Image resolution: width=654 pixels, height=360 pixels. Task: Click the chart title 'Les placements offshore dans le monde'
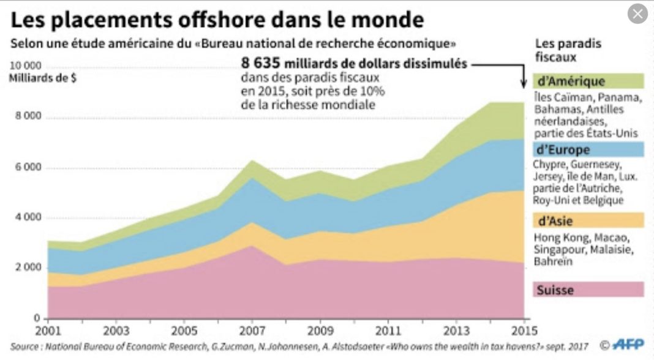(x=217, y=20)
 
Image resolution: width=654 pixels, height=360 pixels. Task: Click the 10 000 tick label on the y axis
(x=26, y=66)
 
